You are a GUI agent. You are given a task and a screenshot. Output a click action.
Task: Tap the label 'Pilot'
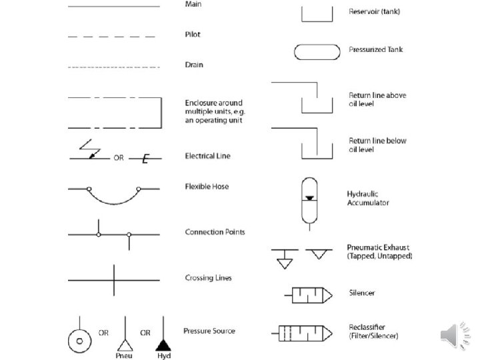(x=192, y=35)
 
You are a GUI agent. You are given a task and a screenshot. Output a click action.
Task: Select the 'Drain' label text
(x=193, y=65)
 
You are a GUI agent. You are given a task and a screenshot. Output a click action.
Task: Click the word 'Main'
(x=193, y=5)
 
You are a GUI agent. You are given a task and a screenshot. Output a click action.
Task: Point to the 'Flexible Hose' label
(x=207, y=187)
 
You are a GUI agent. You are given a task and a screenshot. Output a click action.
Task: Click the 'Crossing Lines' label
(x=208, y=277)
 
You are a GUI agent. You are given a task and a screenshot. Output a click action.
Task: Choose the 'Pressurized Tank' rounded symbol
(x=316, y=51)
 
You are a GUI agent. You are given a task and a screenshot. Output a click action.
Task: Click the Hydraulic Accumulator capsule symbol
(x=309, y=199)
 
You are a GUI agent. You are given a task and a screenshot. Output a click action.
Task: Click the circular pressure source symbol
(x=79, y=340)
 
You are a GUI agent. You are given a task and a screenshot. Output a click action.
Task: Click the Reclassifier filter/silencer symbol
(x=304, y=331)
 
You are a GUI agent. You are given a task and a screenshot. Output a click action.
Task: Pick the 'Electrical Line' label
(x=207, y=156)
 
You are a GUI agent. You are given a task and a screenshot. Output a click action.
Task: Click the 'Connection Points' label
(x=215, y=232)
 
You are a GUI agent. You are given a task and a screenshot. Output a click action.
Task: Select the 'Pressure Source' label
(x=209, y=331)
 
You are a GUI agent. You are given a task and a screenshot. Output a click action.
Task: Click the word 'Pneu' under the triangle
(x=124, y=356)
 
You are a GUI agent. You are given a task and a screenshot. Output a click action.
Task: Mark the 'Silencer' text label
(x=362, y=293)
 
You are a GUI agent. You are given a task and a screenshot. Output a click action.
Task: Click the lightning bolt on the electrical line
(x=89, y=148)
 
